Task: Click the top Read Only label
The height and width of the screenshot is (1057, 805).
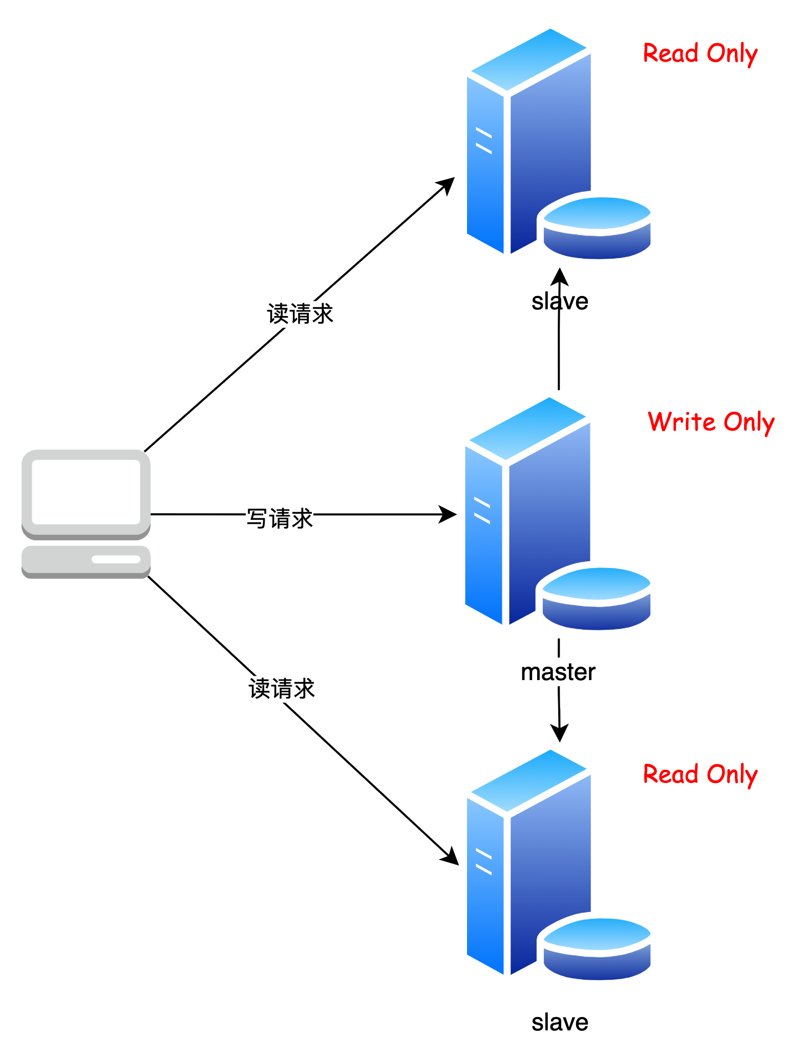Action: click(x=700, y=52)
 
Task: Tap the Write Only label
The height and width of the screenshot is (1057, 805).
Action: click(x=710, y=421)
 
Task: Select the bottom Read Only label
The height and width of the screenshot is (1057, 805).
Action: click(x=700, y=773)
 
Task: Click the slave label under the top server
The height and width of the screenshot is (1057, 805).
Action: click(x=561, y=301)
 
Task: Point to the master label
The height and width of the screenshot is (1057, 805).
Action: click(x=558, y=671)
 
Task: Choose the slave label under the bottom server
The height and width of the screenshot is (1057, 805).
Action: click(x=561, y=1022)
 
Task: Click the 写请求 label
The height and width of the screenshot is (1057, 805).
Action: click(x=279, y=519)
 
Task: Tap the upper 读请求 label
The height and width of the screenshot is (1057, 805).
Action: click(x=300, y=314)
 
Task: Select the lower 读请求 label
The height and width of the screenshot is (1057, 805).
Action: click(x=281, y=689)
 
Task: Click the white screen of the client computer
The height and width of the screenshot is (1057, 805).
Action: click(x=86, y=492)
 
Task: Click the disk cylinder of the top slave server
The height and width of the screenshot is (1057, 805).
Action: click(x=598, y=228)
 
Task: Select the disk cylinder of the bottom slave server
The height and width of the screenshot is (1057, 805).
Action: click(x=598, y=948)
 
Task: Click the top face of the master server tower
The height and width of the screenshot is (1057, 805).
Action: click(x=527, y=428)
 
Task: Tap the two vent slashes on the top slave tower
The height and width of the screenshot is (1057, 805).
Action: click(x=483, y=141)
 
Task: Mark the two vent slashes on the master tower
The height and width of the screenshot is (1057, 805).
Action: click(x=482, y=510)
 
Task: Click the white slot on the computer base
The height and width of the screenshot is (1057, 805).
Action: click(x=116, y=559)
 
